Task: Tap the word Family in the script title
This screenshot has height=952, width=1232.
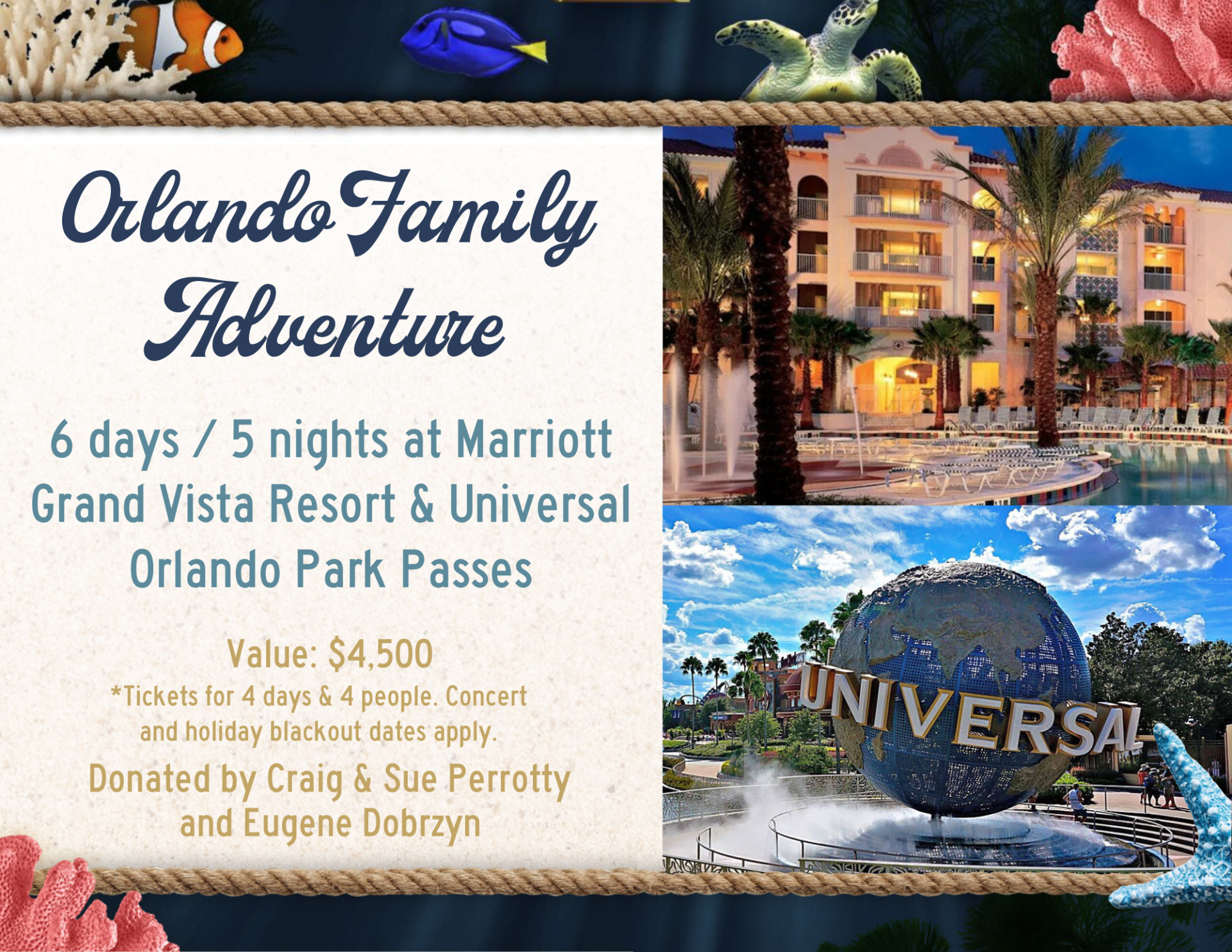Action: [x=471, y=212]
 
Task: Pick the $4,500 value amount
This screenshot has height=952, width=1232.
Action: [x=380, y=654]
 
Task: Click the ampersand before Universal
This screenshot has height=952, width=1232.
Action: [x=421, y=504]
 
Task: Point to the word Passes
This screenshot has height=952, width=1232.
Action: [x=466, y=570]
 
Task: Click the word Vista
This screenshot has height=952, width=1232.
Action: [x=207, y=504]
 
